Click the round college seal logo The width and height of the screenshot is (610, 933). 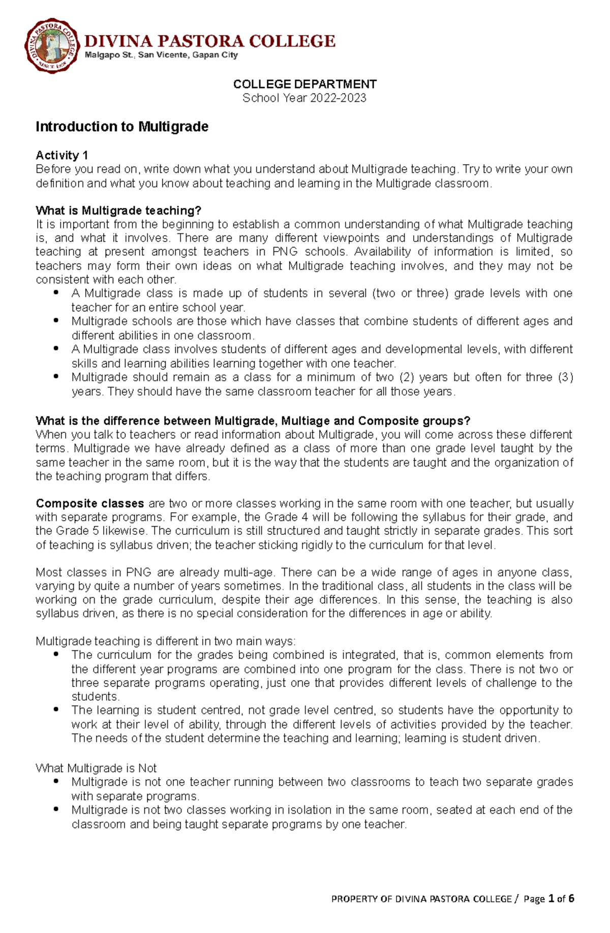52,46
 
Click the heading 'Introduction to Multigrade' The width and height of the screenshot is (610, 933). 122,127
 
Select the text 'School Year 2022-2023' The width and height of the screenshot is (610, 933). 304,98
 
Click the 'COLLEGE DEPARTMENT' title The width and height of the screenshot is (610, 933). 304,84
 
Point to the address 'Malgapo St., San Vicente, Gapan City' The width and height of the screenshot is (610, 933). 161,55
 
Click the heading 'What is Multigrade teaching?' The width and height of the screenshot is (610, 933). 118,210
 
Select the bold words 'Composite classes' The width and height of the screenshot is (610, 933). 90,503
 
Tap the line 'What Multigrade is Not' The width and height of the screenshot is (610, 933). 96,768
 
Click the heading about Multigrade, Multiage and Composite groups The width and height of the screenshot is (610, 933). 253,420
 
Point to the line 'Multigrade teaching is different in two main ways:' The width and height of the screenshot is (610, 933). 165,641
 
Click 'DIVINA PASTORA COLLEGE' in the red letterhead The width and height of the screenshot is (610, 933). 209,41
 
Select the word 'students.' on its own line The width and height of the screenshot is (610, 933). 88,697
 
